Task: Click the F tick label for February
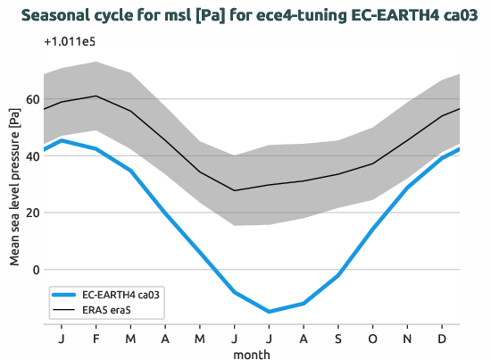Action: (96, 338)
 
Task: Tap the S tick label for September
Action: (338, 338)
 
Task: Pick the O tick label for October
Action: (373, 338)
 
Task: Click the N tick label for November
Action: (408, 338)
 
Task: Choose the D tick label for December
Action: (442, 338)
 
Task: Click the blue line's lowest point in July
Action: (269, 312)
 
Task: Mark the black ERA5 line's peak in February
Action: (96, 96)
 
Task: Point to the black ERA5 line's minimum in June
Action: (235, 190)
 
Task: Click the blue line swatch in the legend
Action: (68, 294)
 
